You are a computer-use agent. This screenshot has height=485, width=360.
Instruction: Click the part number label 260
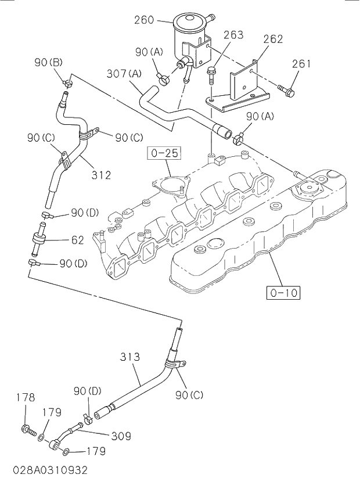[x=144, y=20]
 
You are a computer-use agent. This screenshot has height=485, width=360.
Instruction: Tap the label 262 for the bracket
[x=272, y=39]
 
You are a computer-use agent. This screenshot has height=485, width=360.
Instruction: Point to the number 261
[x=302, y=64]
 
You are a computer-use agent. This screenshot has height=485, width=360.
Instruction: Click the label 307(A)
[x=124, y=74]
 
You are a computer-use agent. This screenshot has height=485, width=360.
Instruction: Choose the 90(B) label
[x=48, y=63]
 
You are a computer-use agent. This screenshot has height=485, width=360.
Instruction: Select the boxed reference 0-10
[x=284, y=292]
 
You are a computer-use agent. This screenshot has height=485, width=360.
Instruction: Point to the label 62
[x=78, y=239]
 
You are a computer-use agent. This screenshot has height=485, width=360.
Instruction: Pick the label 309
[x=120, y=436]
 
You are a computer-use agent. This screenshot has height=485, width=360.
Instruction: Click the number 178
[x=25, y=398]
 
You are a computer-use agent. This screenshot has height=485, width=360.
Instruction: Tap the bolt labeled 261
[x=286, y=90]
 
